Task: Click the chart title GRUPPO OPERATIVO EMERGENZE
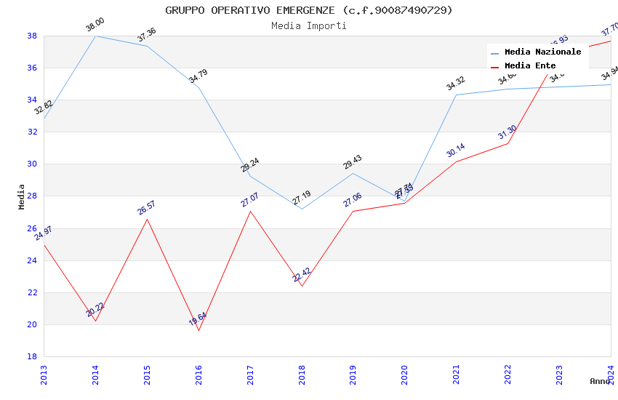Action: [308, 10]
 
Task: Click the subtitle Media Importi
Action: [308, 25]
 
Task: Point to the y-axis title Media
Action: [22, 196]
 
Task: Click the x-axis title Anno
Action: [600, 381]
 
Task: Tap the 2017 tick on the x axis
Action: [250, 372]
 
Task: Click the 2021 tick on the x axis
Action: [456, 372]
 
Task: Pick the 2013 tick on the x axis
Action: [44, 372]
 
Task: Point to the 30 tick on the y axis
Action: [32, 164]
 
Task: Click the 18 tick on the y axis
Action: [32, 356]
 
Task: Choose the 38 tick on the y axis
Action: [32, 36]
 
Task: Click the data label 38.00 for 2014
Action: [95, 25]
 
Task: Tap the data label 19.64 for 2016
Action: [198, 319]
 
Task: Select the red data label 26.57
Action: [147, 208]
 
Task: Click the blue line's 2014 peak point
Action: [95, 36]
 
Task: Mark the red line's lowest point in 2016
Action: [198, 330]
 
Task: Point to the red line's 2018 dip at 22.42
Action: [302, 286]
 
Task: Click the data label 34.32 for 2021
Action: [456, 84]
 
